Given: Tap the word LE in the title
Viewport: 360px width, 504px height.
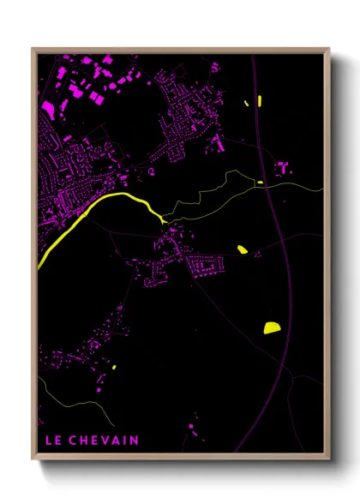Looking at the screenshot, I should pos(52,441).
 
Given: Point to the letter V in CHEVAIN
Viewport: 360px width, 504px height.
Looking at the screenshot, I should pos(105,441).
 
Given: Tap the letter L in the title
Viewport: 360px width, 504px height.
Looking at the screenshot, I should pos(48,441).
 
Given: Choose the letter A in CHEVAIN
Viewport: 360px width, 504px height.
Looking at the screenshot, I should pos(116,441).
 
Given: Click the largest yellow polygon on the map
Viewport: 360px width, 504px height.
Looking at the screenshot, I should pos(271,327).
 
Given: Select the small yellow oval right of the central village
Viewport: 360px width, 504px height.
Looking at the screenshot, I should pos(243,249).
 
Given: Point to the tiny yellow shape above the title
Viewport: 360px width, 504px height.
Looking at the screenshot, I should pos(113,367).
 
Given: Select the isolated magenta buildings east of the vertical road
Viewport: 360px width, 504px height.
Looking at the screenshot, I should pos(282,167).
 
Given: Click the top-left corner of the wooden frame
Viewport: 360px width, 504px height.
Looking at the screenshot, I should pos(33,49).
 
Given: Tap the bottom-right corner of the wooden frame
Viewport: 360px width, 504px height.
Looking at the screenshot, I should pos(328,459).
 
